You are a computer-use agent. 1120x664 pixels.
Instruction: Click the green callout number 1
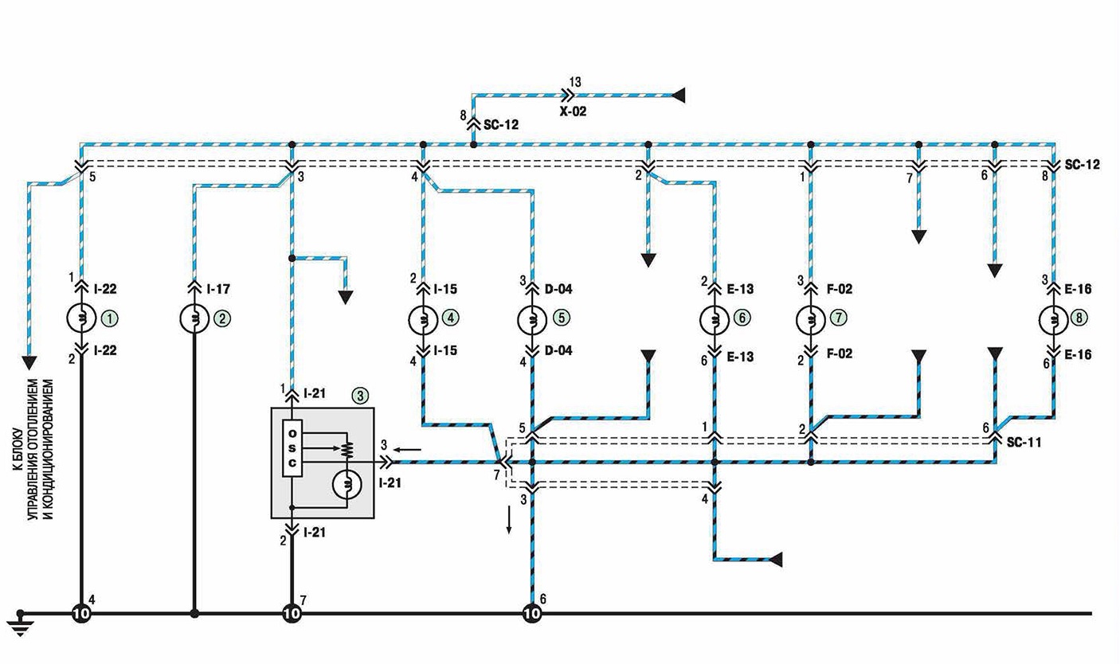[111, 318]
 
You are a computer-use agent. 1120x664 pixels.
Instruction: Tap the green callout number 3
[359, 396]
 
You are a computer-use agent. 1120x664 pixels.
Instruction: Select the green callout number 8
[1079, 318]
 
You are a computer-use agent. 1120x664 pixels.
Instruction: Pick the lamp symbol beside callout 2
[194, 318]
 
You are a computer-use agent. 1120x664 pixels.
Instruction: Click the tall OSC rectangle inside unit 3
[292, 448]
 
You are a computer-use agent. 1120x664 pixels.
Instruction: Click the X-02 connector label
[573, 111]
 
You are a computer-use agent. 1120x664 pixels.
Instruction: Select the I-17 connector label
[218, 289]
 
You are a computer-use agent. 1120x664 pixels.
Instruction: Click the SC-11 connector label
[1024, 442]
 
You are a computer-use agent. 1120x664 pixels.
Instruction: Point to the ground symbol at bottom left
[20, 624]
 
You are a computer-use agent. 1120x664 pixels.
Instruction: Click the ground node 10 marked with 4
[81, 614]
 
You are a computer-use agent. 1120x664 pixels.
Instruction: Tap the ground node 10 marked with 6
[532, 614]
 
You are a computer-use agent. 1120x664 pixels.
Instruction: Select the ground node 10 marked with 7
[292, 614]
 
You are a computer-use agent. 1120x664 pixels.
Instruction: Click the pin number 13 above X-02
[575, 82]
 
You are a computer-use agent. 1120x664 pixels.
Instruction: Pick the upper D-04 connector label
[558, 289]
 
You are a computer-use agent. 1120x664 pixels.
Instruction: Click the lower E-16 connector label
[1079, 355]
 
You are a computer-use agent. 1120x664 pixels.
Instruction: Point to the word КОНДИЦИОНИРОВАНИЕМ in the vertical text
[49, 449]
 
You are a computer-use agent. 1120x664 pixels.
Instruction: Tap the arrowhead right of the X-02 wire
[678, 95]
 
